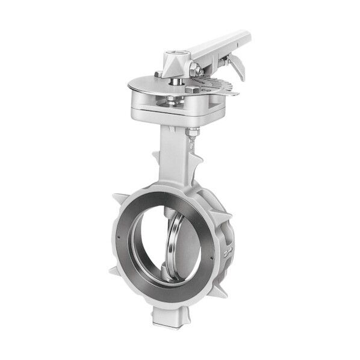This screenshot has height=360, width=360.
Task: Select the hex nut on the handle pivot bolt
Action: click(196, 71)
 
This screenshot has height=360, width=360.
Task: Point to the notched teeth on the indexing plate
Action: click(220, 85)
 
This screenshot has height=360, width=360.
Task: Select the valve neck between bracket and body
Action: click(174, 151)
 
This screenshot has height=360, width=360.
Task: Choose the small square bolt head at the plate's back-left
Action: click(158, 74)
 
